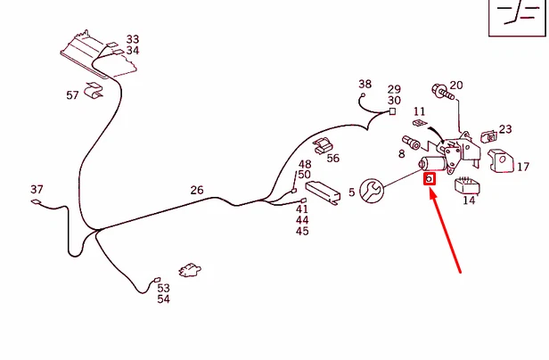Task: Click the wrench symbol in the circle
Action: point(372,191)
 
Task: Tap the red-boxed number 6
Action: point(430,179)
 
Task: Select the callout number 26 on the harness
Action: point(197,190)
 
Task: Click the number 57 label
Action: point(72,95)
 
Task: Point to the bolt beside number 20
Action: point(443,92)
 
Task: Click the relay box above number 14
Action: point(467,185)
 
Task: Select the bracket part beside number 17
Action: point(501,161)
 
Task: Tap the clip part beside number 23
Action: point(488,136)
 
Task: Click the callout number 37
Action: point(37,190)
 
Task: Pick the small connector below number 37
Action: point(36,201)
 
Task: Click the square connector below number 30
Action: point(392,111)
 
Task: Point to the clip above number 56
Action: point(323,145)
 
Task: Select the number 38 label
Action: point(365,84)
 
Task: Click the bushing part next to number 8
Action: point(411,143)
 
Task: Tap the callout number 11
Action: point(419,111)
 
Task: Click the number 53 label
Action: point(163,288)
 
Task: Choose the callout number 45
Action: point(302,231)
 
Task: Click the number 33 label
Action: point(133,39)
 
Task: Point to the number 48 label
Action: point(305,164)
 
